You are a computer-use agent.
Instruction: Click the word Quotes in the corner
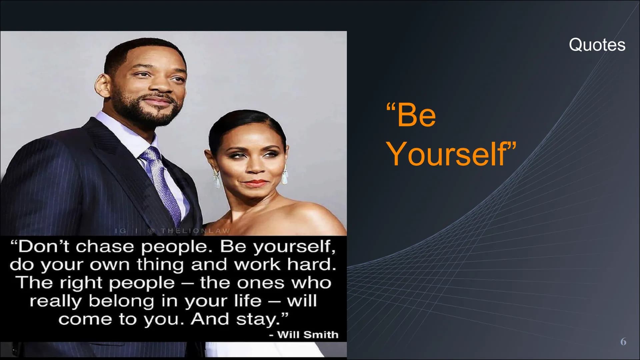(x=597, y=45)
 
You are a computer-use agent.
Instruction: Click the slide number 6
(x=623, y=342)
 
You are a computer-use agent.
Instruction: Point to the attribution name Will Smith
(x=308, y=334)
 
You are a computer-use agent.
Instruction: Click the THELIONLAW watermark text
(x=195, y=231)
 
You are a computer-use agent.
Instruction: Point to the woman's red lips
(x=257, y=183)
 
